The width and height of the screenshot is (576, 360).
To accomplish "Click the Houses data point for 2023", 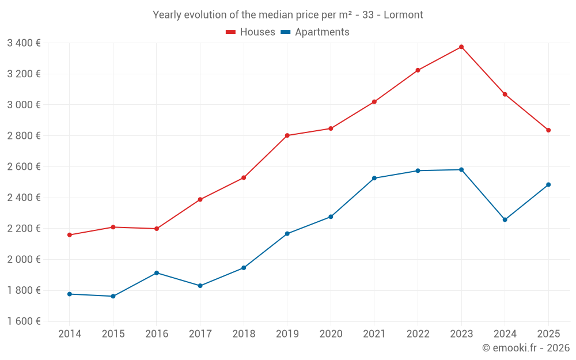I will click(x=461, y=47).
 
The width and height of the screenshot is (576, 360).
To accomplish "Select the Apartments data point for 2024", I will click(x=505, y=219).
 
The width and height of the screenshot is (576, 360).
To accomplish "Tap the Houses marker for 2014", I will click(x=70, y=235).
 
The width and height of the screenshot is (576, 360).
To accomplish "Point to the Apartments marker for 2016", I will click(x=157, y=273).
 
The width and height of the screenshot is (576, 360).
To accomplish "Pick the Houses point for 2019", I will click(x=287, y=135).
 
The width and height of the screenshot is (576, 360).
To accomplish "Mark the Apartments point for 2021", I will click(x=374, y=178).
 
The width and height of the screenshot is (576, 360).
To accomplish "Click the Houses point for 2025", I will click(x=548, y=130).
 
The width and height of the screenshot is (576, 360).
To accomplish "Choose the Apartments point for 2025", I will click(x=548, y=185).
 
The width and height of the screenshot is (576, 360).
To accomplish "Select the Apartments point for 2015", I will click(x=113, y=296).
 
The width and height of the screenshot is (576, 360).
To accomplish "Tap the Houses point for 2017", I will click(x=200, y=199).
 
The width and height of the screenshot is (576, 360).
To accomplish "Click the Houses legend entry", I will click(x=251, y=32).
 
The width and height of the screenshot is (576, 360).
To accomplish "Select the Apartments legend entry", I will click(x=316, y=32).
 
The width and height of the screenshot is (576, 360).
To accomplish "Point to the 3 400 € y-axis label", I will click(x=24, y=43).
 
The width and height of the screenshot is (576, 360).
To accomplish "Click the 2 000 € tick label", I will click(x=24, y=259).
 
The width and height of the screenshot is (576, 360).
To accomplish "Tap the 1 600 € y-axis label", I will click(x=24, y=321).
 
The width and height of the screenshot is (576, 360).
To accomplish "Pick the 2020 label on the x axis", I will click(x=331, y=334).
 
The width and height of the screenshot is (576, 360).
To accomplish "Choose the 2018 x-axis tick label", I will click(x=244, y=334).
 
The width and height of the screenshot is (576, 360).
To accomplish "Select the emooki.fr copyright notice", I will click(x=526, y=348).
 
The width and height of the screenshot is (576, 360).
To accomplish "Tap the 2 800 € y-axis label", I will click(x=24, y=135).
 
